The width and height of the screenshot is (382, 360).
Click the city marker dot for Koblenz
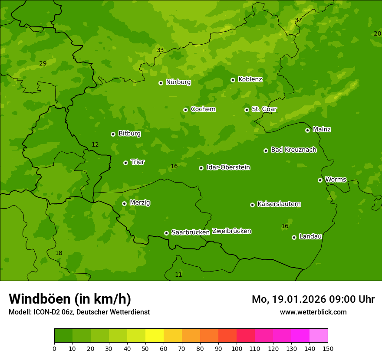click(x=233, y=80)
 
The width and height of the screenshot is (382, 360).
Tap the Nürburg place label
click(x=178, y=82)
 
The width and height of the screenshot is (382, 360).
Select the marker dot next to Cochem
click(x=186, y=110)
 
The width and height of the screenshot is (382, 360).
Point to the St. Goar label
click(x=264, y=109)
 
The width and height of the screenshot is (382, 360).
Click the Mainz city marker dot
click(x=308, y=130)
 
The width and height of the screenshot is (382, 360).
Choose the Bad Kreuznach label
click(x=293, y=150)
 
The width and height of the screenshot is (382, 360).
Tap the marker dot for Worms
click(x=320, y=180)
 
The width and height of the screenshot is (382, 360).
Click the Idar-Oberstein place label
click(x=228, y=167)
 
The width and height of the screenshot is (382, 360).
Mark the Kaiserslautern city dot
click(x=253, y=205)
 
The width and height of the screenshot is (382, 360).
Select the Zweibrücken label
click(x=231, y=231)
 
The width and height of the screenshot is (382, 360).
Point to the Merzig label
click(x=140, y=203)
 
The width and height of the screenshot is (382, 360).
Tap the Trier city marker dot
click(x=126, y=163)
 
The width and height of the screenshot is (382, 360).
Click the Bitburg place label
click(x=129, y=134)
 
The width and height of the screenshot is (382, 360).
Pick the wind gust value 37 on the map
click(x=298, y=20)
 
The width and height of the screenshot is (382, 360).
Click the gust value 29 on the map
click(x=43, y=63)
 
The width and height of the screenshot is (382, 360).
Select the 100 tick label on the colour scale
click(x=237, y=348)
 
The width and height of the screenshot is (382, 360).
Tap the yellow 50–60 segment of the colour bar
click(x=155, y=336)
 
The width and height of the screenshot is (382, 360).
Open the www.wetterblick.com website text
click(x=313, y=312)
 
